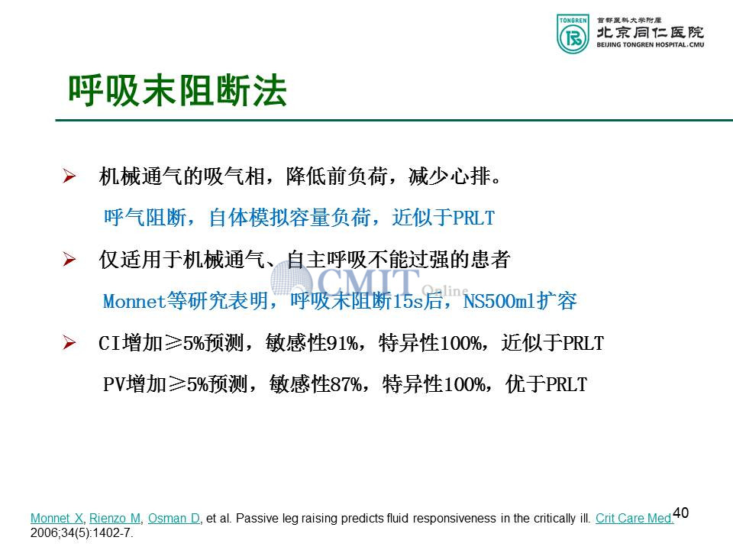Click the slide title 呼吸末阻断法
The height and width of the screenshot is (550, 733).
[178, 90]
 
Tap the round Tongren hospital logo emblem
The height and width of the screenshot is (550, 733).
[573, 34]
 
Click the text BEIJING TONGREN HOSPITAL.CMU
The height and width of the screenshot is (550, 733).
[651, 45]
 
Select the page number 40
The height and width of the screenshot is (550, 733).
[680, 513]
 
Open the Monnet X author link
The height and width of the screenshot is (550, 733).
[57, 518]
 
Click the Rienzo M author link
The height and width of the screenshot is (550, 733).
[115, 518]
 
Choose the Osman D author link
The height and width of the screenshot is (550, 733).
[174, 518]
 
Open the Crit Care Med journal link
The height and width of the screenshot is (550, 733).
[635, 518]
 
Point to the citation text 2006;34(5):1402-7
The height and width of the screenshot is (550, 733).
[82, 532]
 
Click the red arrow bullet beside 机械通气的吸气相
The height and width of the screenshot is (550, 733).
[69, 176]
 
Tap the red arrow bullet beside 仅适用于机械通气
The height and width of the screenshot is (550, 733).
[69, 260]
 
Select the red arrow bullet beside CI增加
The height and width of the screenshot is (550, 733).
[69, 343]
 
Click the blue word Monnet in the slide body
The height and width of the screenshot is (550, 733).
[134, 301]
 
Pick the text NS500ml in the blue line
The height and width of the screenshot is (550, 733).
[499, 301]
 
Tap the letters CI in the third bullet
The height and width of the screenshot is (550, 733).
[109, 343]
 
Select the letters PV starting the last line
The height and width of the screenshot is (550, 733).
[114, 384]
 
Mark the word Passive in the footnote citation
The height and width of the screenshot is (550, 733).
[253, 518]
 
